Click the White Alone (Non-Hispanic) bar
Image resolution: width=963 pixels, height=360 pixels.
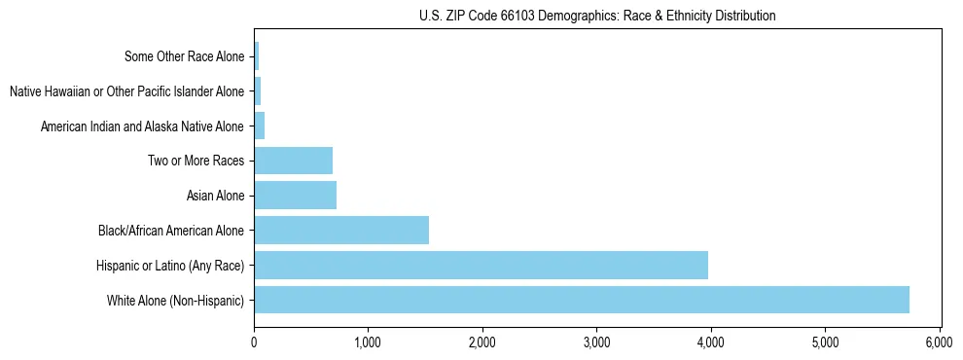click(581, 300)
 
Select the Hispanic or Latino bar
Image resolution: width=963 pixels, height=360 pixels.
click(481, 265)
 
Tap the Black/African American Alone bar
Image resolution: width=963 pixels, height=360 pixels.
click(340, 230)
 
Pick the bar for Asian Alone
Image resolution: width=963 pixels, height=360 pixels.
click(295, 196)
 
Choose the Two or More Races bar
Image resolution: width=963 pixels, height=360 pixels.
click(293, 161)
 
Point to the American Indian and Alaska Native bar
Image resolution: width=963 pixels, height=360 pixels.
click(259, 126)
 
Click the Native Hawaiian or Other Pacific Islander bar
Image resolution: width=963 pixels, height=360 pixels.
click(257, 91)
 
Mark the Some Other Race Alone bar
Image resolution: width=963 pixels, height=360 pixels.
click(256, 56)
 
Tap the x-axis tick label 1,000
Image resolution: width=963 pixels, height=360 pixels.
click(368, 342)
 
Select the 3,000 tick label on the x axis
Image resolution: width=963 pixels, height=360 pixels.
click(596, 342)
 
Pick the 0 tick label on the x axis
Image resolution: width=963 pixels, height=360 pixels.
click(254, 342)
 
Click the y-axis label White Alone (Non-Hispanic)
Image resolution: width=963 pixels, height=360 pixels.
click(175, 301)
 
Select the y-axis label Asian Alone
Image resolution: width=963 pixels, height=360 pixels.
click(215, 197)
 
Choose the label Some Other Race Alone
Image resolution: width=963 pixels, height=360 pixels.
click(184, 56)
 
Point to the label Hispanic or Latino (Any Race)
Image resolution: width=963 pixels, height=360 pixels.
click(170, 266)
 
